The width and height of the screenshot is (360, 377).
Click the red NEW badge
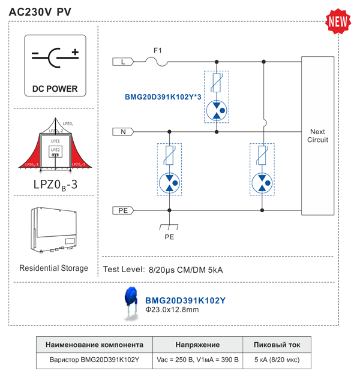338,21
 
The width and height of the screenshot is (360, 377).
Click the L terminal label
124,61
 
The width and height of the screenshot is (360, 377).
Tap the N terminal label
124,131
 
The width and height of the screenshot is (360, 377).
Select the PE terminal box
124,210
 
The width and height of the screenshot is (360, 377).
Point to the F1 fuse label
158,50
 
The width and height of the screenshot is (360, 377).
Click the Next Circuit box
317,135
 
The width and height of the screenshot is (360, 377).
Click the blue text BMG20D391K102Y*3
163,97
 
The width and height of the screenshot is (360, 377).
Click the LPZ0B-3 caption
55,185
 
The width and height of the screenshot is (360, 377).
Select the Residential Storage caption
53,268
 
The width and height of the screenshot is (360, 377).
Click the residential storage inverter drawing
55,231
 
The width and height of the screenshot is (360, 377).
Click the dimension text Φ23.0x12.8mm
172,310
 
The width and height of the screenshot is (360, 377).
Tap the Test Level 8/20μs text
163,270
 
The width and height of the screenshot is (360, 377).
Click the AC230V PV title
40,13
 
